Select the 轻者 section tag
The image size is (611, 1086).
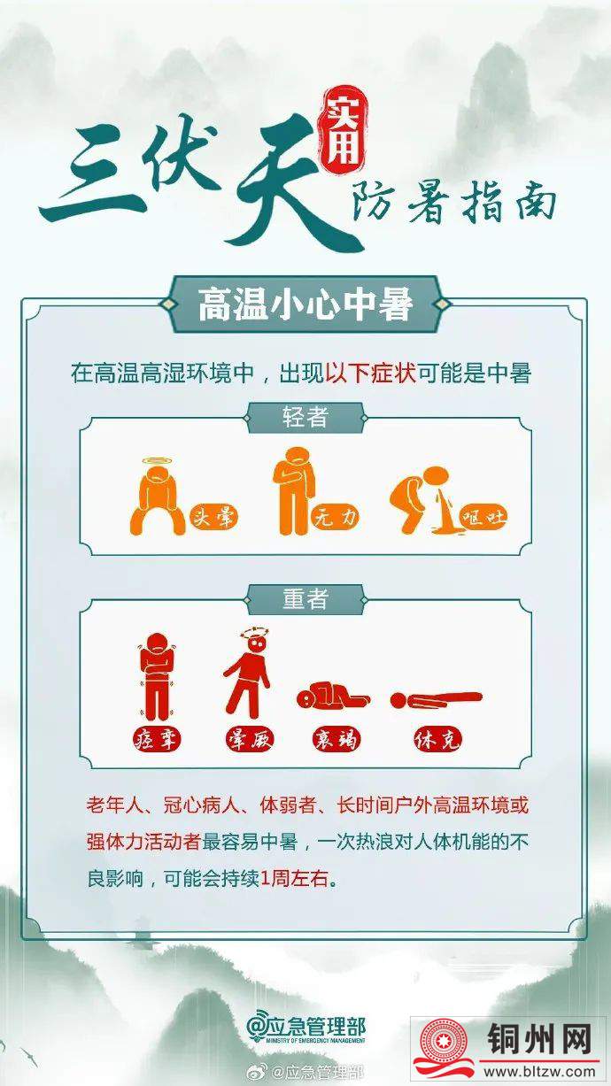305,418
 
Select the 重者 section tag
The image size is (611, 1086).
305,598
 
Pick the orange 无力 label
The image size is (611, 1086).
336,519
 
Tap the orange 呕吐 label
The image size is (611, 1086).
483,518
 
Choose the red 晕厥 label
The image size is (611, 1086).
251,740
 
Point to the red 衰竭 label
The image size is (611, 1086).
336,740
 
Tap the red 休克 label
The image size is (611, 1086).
437,740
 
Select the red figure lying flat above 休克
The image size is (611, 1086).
437,698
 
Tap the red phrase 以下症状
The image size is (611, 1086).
371,374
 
